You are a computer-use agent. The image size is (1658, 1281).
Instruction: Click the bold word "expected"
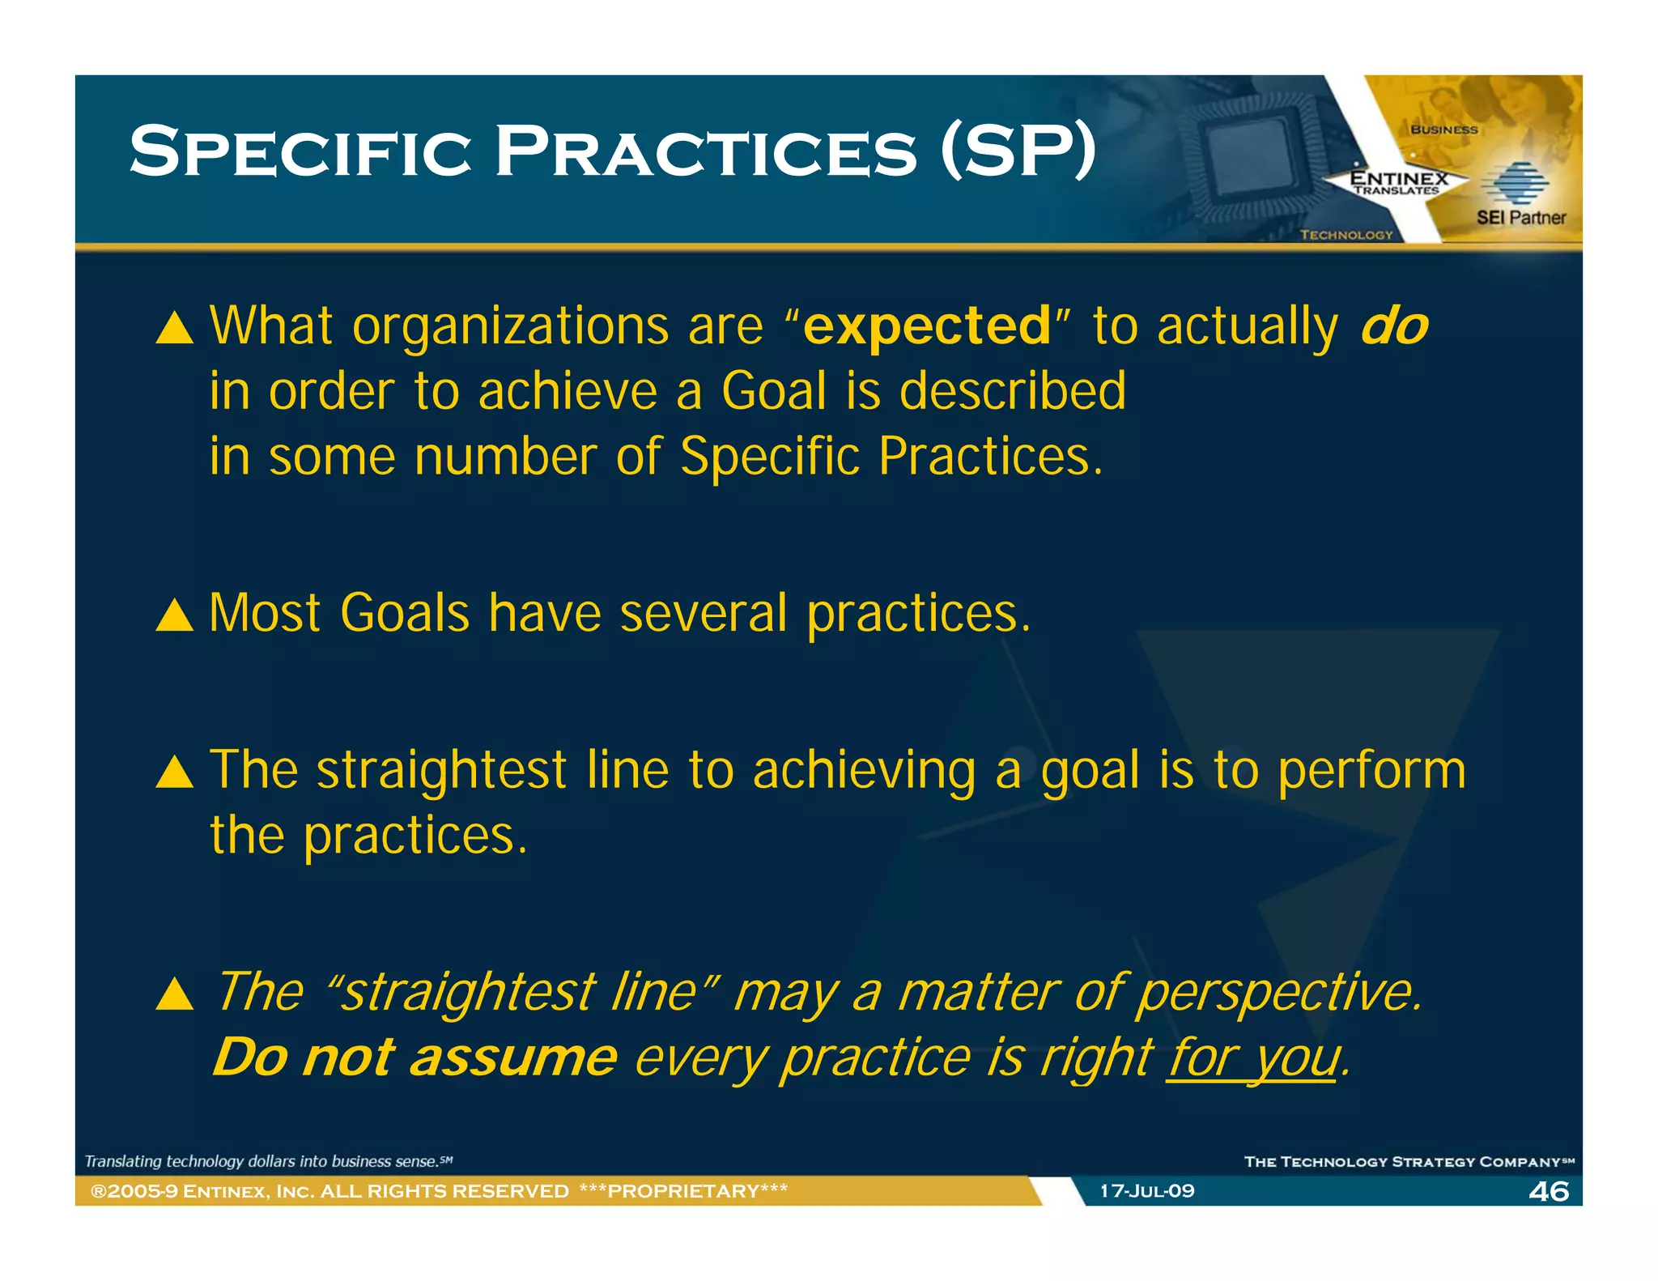[927, 326]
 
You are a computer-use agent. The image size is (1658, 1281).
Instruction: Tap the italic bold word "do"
[1394, 326]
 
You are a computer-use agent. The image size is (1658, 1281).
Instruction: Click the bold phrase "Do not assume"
[414, 1058]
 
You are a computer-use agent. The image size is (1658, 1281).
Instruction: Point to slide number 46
[1548, 1191]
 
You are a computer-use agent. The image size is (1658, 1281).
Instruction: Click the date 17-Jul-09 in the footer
[1146, 1191]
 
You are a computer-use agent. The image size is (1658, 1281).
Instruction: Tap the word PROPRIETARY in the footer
[683, 1191]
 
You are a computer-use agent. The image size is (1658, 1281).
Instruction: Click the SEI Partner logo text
[1520, 217]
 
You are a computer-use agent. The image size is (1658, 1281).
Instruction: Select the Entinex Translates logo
[1398, 182]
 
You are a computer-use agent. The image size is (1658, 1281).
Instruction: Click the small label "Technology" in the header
[1346, 235]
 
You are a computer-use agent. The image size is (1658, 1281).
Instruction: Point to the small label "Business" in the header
[1443, 130]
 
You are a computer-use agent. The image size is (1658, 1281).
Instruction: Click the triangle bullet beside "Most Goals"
[174, 615]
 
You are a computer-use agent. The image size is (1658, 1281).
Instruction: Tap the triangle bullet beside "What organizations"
[174, 329]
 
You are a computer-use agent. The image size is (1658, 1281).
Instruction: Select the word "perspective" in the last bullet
[1277, 993]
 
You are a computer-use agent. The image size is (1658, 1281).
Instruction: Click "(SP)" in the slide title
[1018, 151]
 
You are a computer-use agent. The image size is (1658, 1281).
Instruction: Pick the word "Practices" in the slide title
[705, 151]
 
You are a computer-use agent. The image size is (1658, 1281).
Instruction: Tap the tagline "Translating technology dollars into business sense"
[267, 1161]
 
